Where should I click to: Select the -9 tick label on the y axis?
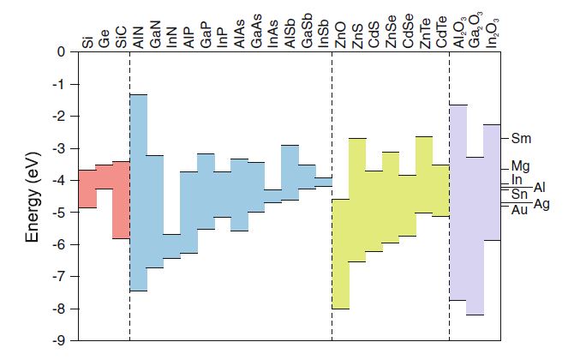point(60,341)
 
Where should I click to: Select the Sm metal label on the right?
point(521,138)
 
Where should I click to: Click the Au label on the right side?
point(519,210)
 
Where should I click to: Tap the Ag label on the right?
point(541,203)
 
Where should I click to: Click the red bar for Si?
point(87,189)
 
